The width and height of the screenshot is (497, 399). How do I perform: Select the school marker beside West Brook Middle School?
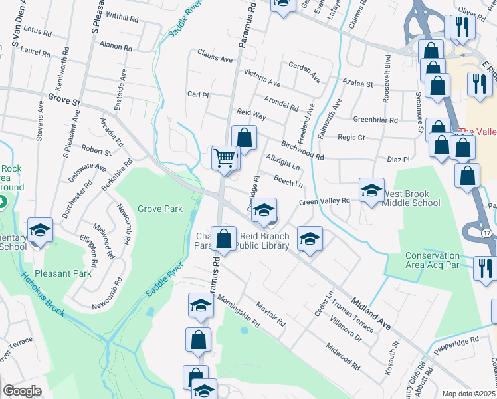(371, 190)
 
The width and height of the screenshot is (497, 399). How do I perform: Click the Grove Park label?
(159, 209)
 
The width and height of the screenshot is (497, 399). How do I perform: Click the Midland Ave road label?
(372, 308)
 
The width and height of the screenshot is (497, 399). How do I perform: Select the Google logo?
(22, 391)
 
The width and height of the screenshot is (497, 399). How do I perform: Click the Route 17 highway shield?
(487, 233)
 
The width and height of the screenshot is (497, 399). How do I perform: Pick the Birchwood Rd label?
(302, 151)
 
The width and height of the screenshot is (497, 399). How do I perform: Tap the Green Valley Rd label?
(324, 201)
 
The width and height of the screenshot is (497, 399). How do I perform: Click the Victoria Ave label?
(262, 76)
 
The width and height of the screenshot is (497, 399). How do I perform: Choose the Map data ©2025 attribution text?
(468, 394)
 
